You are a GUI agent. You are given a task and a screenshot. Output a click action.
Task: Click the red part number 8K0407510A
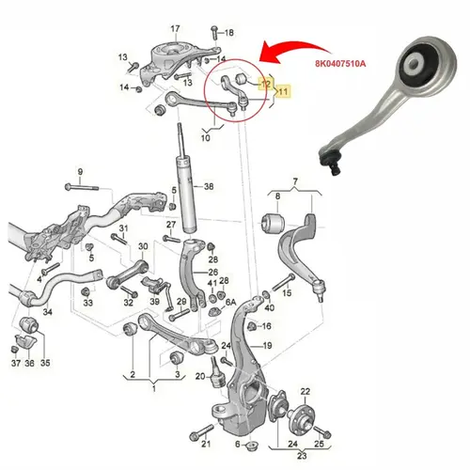tap(340, 64)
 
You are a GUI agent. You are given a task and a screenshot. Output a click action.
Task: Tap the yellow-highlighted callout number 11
tap(283, 91)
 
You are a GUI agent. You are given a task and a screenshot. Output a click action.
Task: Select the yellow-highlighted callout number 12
tap(266, 84)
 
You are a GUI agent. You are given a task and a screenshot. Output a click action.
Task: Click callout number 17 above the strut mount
tap(175, 29)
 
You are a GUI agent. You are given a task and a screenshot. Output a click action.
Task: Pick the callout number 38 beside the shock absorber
tap(209, 187)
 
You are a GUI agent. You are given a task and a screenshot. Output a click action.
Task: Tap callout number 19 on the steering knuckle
tap(267, 346)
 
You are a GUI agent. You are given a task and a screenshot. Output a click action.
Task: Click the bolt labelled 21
tap(201, 432)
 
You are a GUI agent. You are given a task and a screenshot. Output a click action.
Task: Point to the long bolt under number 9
tap(82, 187)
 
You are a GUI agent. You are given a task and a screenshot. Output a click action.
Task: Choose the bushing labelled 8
tap(273, 223)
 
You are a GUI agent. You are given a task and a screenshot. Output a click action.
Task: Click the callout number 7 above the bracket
tap(295, 181)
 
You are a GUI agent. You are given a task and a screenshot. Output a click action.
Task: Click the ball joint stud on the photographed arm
tap(332, 163)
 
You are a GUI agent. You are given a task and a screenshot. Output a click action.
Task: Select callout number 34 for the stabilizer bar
tap(47, 312)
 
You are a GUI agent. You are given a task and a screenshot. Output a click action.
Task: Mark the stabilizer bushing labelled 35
tap(28, 325)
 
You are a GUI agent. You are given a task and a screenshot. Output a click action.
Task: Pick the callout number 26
tap(213, 272)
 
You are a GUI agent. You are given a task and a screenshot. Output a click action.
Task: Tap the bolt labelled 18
tap(214, 32)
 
